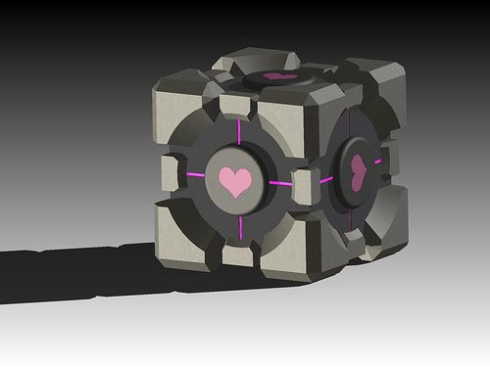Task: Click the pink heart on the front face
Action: point(235,181)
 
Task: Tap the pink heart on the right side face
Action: point(359,172)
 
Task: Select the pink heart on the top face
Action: point(280,75)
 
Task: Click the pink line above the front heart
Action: point(238,131)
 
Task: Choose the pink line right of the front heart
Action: point(280,183)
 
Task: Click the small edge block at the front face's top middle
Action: point(236,106)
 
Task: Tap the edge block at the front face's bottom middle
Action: point(236,254)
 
